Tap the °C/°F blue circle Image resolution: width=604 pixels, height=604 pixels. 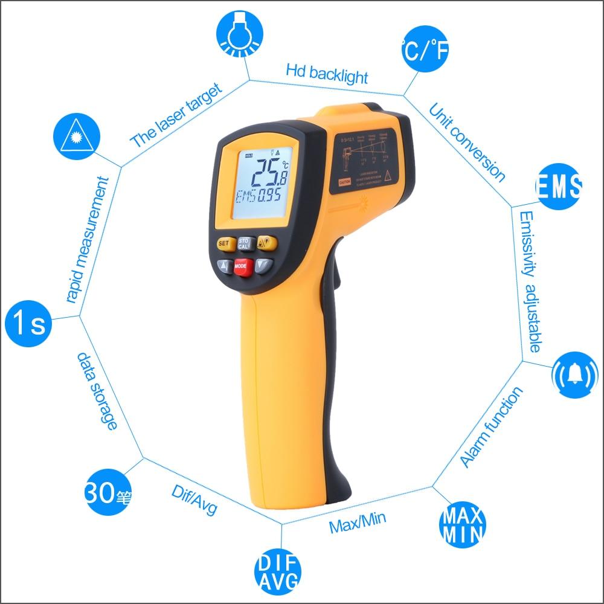coord(425,53)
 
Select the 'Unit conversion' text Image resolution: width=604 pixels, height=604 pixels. coord(466,142)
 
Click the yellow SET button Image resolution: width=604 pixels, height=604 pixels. coord(225,243)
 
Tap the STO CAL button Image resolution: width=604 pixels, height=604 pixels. coord(244,243)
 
